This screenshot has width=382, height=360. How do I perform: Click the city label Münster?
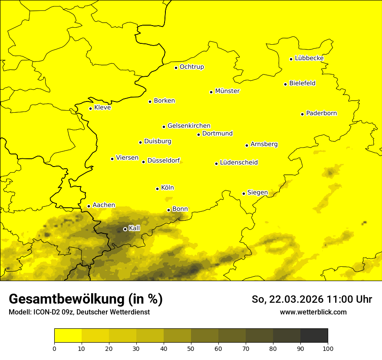point(227,91)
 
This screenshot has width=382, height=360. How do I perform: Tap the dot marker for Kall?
point(125,229)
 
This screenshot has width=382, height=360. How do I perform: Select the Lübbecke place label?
point(309,58)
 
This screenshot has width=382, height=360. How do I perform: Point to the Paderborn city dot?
point(303,114)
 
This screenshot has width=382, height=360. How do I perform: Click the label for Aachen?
point(104,205)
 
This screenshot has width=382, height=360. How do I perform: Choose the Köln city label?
point(167,188)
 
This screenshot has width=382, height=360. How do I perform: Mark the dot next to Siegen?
point(244,193)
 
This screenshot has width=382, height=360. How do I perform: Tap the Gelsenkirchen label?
point(189,126)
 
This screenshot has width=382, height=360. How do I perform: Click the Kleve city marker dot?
point(91,108)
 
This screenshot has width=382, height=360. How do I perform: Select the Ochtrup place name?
point(191,67)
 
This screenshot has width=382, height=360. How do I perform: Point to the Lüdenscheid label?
point(239,163)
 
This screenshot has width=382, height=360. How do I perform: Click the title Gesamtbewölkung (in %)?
point(86,299)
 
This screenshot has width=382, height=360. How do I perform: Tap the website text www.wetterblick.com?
point(313,312)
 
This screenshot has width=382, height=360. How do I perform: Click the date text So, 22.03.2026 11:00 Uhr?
point(312,299)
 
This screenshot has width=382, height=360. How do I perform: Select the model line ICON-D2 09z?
point(79,312)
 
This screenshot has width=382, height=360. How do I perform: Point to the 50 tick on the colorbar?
point(191,348)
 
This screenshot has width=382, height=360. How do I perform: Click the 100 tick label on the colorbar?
point(328,348)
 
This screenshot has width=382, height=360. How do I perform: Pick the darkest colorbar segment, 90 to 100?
point(314,336)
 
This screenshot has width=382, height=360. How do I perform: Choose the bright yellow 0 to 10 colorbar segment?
point(68,336)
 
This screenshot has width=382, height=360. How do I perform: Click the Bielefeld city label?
point(302,83)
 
